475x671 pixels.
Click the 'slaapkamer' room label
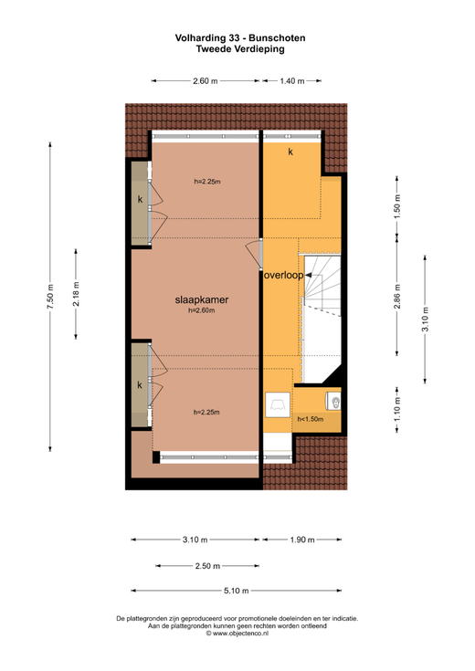201,300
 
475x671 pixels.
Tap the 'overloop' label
283,275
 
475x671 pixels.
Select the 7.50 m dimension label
50,296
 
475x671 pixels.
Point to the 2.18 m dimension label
76,294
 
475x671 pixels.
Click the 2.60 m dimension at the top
206,81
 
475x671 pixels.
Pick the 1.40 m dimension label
292,81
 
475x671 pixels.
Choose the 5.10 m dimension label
236,591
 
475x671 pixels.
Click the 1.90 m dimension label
302,540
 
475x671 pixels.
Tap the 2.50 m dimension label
207,566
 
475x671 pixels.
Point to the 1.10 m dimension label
397,409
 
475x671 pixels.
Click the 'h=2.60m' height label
201,310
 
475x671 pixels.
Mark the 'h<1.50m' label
311,419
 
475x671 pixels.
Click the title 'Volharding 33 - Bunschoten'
240,38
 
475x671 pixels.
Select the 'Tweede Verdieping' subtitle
240,48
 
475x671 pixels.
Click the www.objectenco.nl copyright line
237,634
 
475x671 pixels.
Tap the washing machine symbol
277,404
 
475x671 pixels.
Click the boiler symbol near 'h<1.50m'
333,402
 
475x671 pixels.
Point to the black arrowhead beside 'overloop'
309,276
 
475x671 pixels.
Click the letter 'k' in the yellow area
290,152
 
